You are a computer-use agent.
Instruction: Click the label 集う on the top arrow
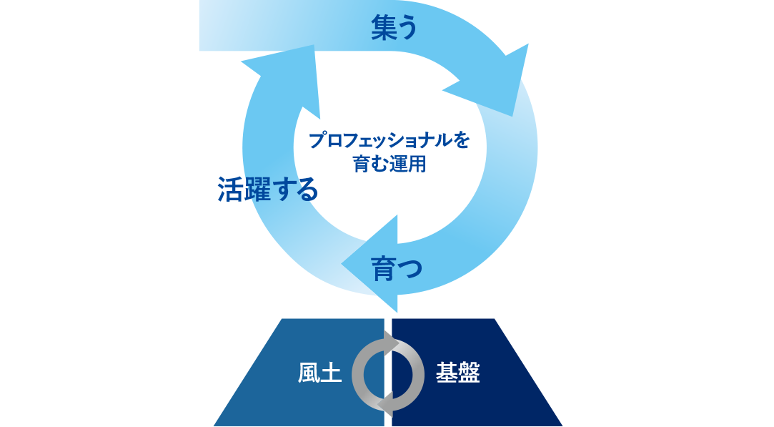[394, 28]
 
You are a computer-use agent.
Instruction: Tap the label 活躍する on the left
[267, 190]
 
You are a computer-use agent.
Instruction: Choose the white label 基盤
[457, 373]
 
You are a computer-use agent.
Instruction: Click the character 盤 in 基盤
[469, 373]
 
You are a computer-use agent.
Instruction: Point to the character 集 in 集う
[383, 28]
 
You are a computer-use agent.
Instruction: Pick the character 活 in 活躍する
[230, 190]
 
